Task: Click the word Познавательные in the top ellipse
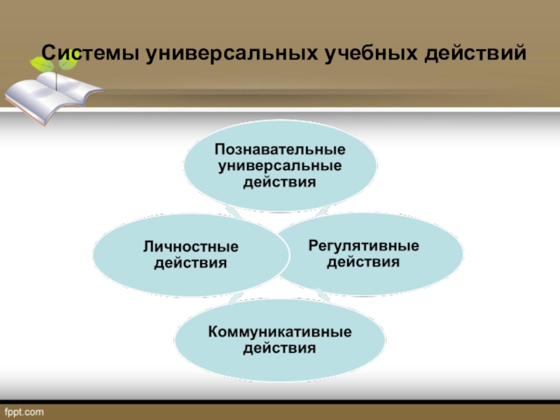(280, 150)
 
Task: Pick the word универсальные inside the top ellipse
(280, 166)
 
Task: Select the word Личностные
(191, 248)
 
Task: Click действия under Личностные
(191, 263)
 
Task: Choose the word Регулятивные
(364, 246)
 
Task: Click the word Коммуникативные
(280, 330)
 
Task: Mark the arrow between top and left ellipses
(235, 213)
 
